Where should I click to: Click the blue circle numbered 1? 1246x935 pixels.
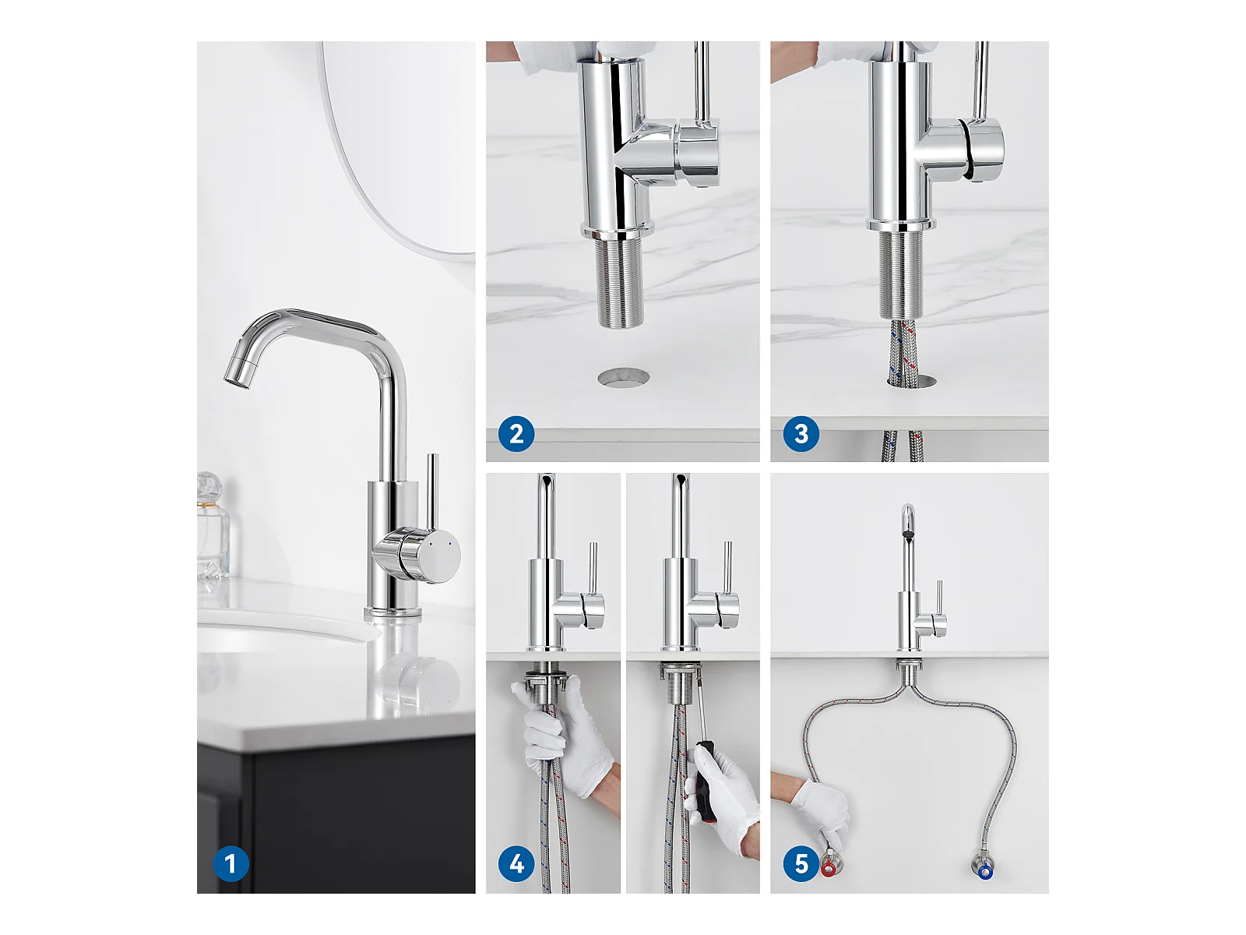coord(231,863)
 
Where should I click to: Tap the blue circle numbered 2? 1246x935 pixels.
coord(516,434)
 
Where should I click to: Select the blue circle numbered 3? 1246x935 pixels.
coord(801,434)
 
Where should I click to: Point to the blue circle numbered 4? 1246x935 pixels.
coord(516,863)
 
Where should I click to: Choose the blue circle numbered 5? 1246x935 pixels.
coord(801,863)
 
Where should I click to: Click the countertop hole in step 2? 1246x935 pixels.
coord(623,378)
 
